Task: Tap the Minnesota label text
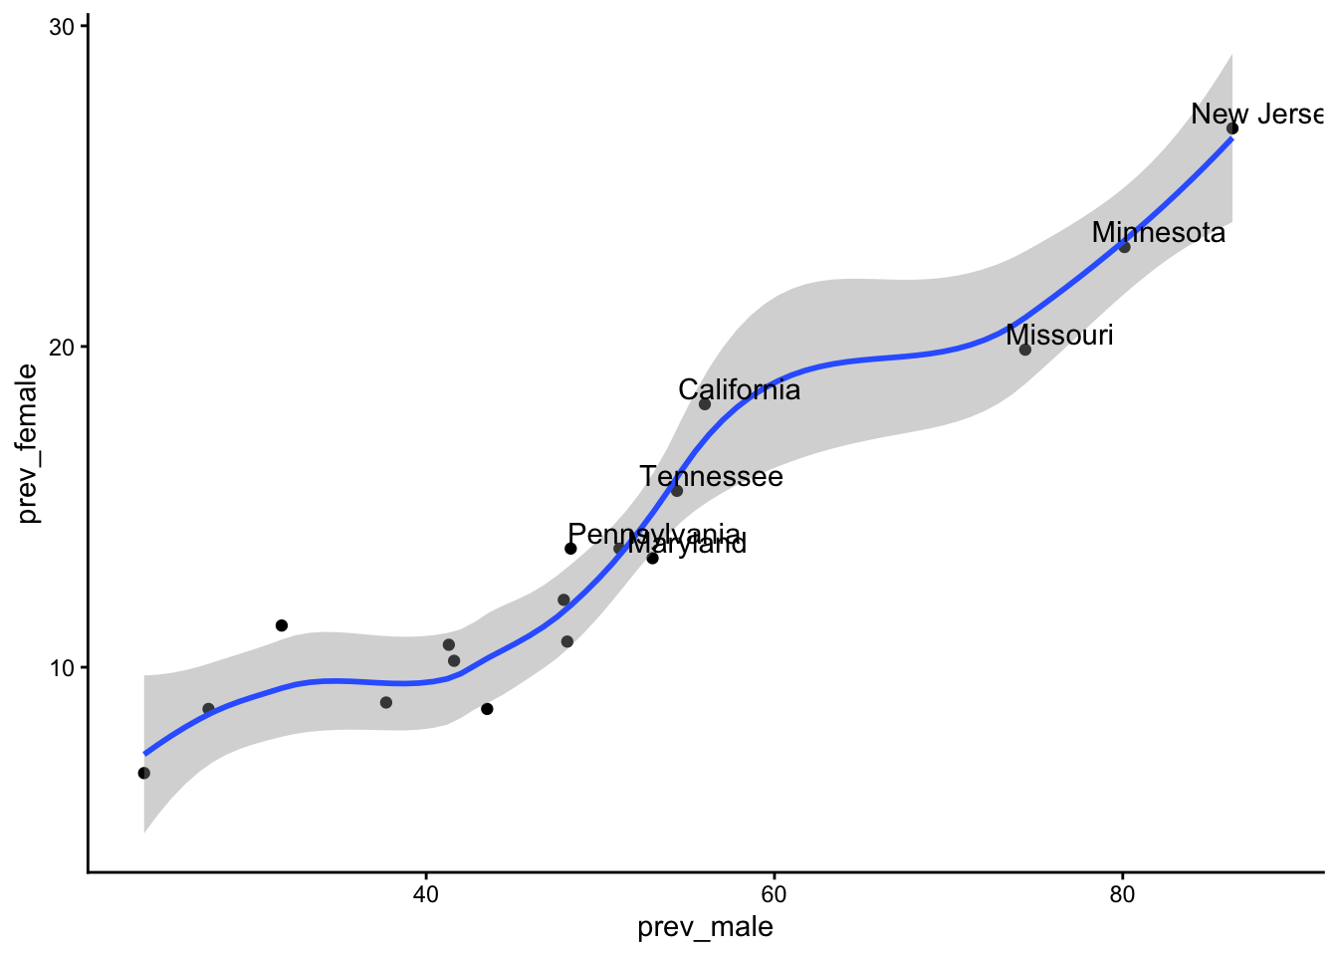(1158, 233)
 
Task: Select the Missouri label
(1059, 336)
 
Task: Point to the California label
(739, 390)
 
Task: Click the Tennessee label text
(711, 477)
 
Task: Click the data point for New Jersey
(1232, 128)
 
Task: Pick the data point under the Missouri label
(1025, 350)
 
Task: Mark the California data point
(705, 404)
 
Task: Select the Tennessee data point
(677, 491)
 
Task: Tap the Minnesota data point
(1125, 247)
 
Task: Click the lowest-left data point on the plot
(144, 773)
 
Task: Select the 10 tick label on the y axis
(63, 667)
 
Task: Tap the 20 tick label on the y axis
(63, 347)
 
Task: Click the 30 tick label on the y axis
(63, 27)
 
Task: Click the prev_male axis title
(705, 928)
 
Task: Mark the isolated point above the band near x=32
(282, 625)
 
